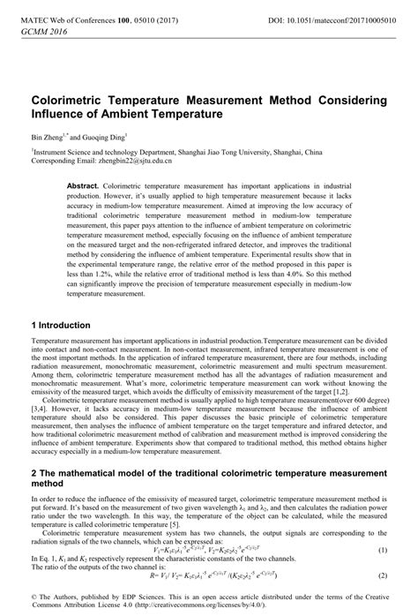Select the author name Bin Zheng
click(47, 139)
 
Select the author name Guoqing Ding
click(105, 139)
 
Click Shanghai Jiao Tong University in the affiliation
click(232, 152)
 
